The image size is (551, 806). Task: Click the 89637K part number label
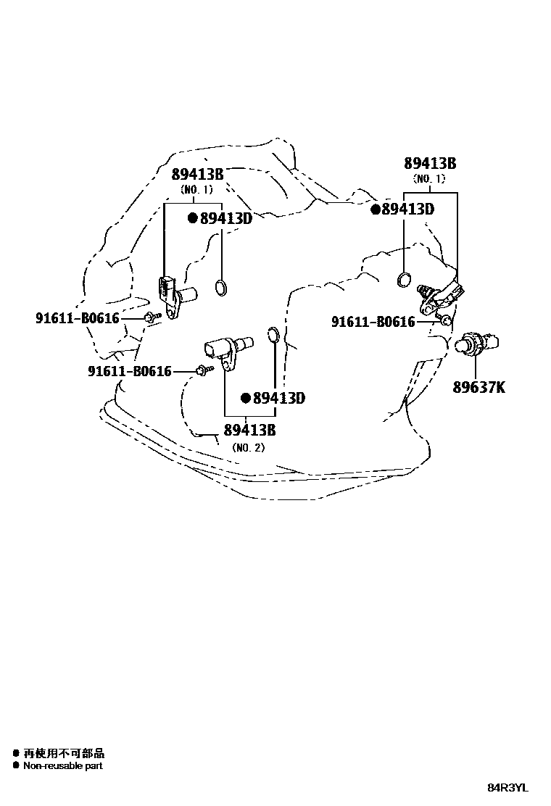(479, 387)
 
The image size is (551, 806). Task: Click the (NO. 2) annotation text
(249, 447)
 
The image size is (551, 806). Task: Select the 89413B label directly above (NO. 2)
(249, 430)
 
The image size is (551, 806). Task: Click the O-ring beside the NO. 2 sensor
(273, 334)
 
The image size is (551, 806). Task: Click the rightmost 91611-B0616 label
(373, 321)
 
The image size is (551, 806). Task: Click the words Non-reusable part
(63, 765)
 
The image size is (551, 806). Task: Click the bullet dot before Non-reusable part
(15, 765)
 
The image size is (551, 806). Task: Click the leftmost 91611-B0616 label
(78, 317)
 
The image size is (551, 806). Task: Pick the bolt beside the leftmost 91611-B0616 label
(150, 317)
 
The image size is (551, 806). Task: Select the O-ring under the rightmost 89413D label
(405, 279)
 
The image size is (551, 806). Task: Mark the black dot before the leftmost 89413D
(193, 218)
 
